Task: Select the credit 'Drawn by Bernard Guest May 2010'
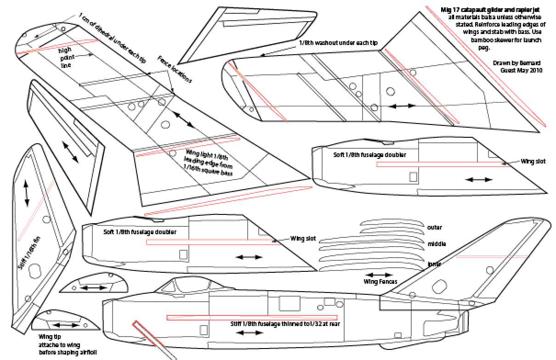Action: point(517,67)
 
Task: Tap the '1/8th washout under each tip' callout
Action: point(338,42)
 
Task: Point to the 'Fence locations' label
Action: point(175,69)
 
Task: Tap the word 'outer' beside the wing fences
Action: point(435,227)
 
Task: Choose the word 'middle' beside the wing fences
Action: point(437,244)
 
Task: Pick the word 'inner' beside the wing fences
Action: point(435,264)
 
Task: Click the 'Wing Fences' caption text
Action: point(380,281)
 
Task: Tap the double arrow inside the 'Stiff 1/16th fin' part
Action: point(27,192)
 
